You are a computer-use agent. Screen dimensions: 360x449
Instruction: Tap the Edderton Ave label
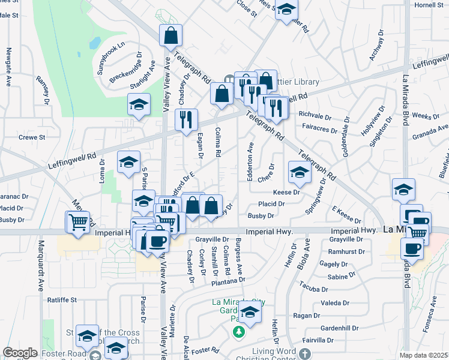click(250, 159)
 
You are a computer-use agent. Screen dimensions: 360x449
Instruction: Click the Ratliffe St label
click(62, 299)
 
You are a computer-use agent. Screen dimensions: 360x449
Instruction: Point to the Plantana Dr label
click(228, 280)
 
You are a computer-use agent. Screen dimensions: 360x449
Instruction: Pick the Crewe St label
click(32, 137)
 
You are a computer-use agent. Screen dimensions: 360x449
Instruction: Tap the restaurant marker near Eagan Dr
click(186, 119)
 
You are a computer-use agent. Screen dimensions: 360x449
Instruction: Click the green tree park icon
click(239, 332)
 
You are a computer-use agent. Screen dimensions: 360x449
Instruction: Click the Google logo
click(20, 353)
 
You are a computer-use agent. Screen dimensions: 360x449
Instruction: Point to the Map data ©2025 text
click(423, 355)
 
